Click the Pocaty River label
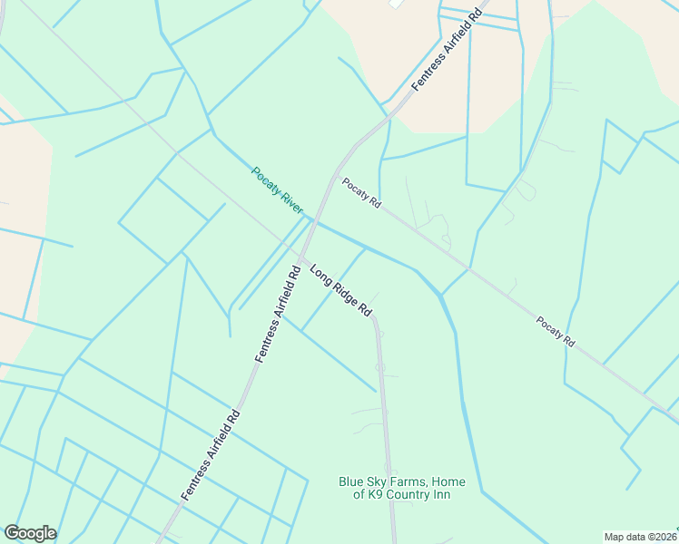[x=277, y=190]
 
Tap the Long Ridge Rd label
[x=341, y=291]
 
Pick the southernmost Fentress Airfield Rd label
[x=210, y=454]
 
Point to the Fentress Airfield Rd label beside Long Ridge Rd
[x=278, y=315]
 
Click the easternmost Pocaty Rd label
[x=556, y=331]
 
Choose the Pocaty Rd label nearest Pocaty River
[x=360, y=193]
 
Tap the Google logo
[x=30, y=533]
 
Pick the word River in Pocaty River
[x=290, y=202]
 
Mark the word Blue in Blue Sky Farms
[x=352, y=481]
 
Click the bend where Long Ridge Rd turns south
[x=374, y=318]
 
